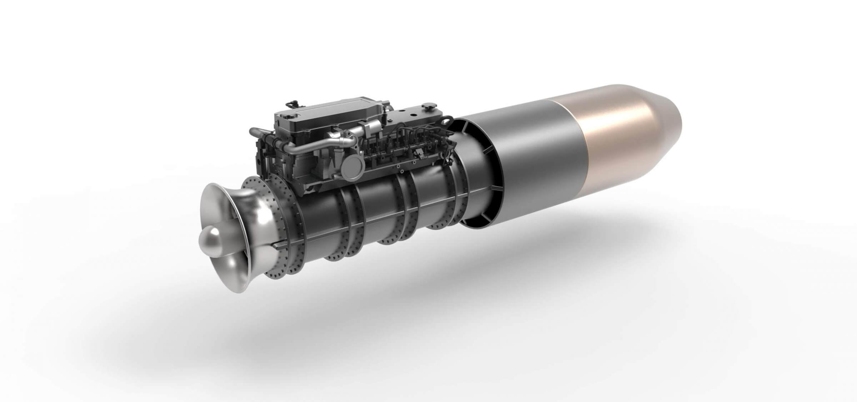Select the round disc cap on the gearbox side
pos(352,168)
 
